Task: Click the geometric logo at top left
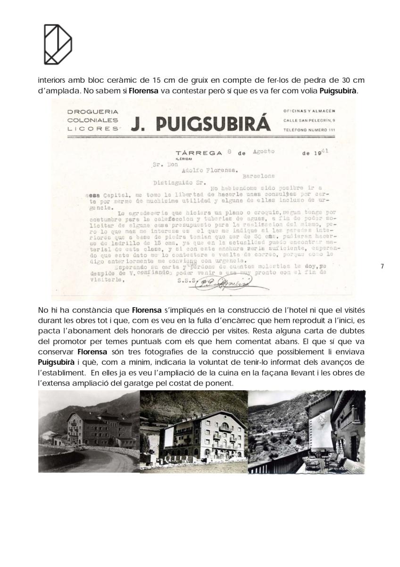pos(58,44)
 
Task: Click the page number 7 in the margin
pos(382,266)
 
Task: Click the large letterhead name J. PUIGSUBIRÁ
pos(200,124)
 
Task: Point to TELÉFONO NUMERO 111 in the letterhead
pos(309,129)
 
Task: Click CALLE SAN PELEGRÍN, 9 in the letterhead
pos(309,120)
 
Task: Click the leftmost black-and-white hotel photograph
pos(89,431)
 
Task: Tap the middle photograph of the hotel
pos(193,431)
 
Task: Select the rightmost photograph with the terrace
pos(306,431)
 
